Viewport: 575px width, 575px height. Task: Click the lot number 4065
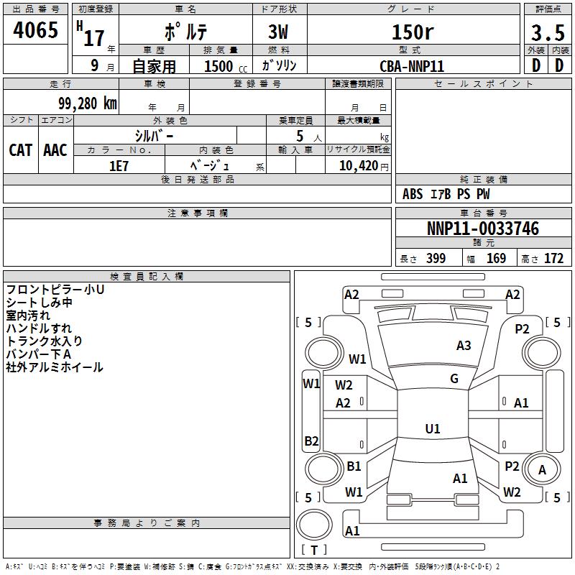(35, 29)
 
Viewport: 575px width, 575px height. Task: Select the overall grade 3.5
(548, 32)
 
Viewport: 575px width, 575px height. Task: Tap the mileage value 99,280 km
(88, 103)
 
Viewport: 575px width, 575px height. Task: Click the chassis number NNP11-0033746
(483, 228)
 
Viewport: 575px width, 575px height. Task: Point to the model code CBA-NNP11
(412, 66)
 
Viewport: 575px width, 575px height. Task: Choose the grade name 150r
(413, 32)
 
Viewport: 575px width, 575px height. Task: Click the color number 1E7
(119, 166)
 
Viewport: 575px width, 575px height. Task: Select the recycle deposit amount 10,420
(358, 166)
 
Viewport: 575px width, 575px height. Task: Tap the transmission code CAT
(21, 150)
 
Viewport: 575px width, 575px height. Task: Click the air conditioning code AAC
(55, 150)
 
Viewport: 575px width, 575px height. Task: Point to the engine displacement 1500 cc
(226, 66)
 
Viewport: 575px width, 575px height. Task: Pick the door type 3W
(278, 32)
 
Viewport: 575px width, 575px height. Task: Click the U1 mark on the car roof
(433, 428)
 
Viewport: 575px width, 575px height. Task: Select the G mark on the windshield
(454, 379)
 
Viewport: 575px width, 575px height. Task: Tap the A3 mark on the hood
(464, 345)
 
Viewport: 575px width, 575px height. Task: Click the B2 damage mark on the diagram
(311, 441)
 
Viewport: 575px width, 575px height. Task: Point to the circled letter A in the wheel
(542, 470)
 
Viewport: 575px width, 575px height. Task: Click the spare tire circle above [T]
(314, 525)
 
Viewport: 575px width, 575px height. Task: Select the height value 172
(553, 258)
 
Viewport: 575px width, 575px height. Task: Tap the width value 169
(496, 258)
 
